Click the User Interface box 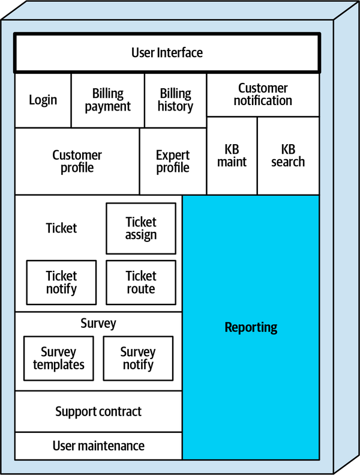[x=167, y=53]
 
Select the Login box [x=43, y=100]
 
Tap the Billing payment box [x=108, y=100]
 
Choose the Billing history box [x=175, y=100]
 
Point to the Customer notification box [x=263, y=95]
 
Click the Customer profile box [x=77, y=162]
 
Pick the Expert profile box [x=173, y=162]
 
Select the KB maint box [x=232, y=156]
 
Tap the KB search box [x=288, y=156]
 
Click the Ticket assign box [x=141, y=228]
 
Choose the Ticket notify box [x=61, y=282]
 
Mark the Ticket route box [x=141, y=282]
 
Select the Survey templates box [x=59, y=359]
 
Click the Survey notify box [x=138, y=359]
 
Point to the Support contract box [x=98, y=412]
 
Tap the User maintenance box [x=98, y=446]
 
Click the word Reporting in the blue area [x=251, y=327]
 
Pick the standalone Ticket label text [x=61, y=228]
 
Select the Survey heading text [x=98, y=324]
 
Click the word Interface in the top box [x=179, y=53]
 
